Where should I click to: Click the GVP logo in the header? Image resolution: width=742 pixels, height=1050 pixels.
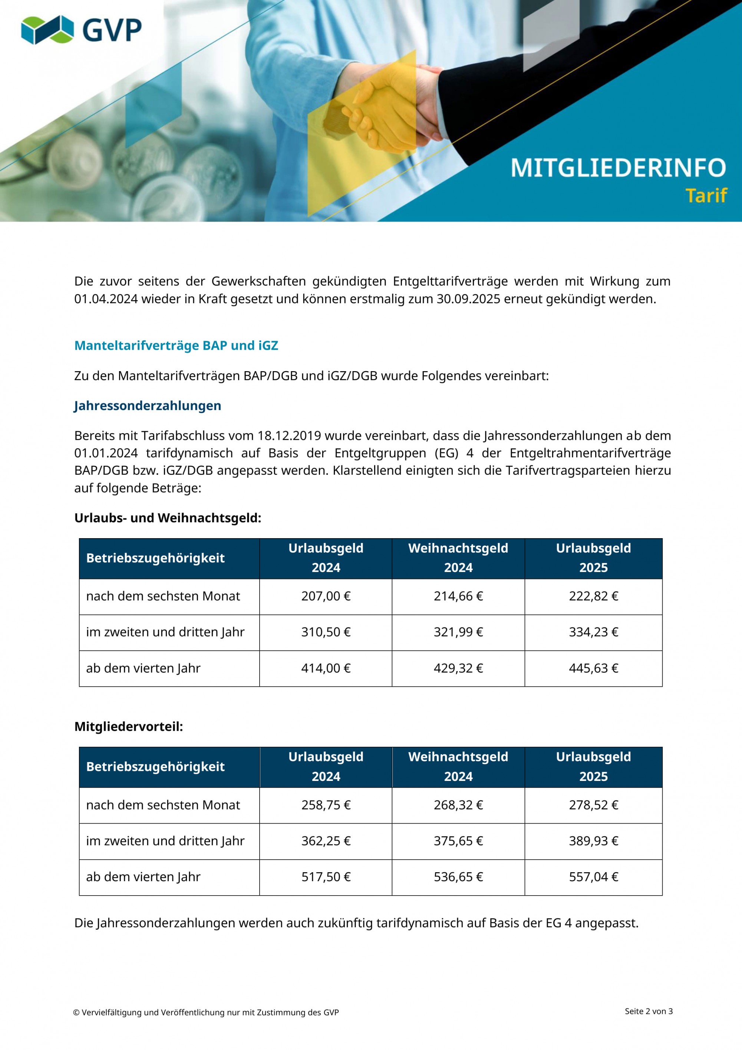[81, 30]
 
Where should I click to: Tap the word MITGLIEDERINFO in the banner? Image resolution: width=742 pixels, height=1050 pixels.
[618, 168]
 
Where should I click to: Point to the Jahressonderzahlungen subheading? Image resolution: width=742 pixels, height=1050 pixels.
[148, 406]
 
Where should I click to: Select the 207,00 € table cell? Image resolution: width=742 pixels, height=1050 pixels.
[326, 596]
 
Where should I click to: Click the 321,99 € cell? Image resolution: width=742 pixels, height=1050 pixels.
[458, 632]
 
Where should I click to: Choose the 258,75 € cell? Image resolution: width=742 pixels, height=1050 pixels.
[326, 805]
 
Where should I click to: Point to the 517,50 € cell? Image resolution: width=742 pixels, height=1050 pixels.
[326, 877]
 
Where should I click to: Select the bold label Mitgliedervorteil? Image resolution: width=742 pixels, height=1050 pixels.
[128, 727]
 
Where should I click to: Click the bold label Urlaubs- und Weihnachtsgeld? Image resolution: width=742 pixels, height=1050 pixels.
[168, 518]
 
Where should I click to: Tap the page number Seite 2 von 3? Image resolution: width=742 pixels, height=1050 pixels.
[648, 1011]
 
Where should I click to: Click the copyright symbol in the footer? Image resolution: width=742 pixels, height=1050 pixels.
[76, 1013]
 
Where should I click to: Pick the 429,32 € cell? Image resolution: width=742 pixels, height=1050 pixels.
[458, 668]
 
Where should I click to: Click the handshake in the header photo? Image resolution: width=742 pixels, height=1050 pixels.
[393, 110]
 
